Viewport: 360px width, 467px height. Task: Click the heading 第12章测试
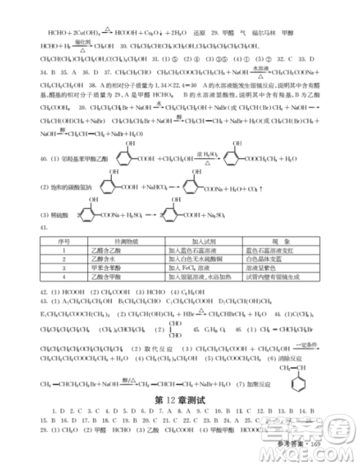(180, 399)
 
